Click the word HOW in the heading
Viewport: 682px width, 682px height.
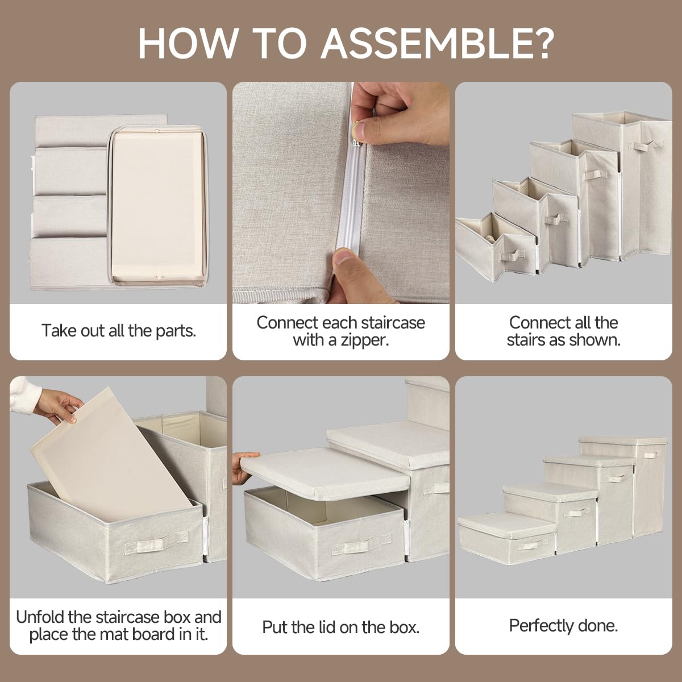(x=187, y=43)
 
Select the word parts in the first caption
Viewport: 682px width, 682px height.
(x=176, y=331)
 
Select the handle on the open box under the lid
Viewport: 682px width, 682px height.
(x=356, y=546)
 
